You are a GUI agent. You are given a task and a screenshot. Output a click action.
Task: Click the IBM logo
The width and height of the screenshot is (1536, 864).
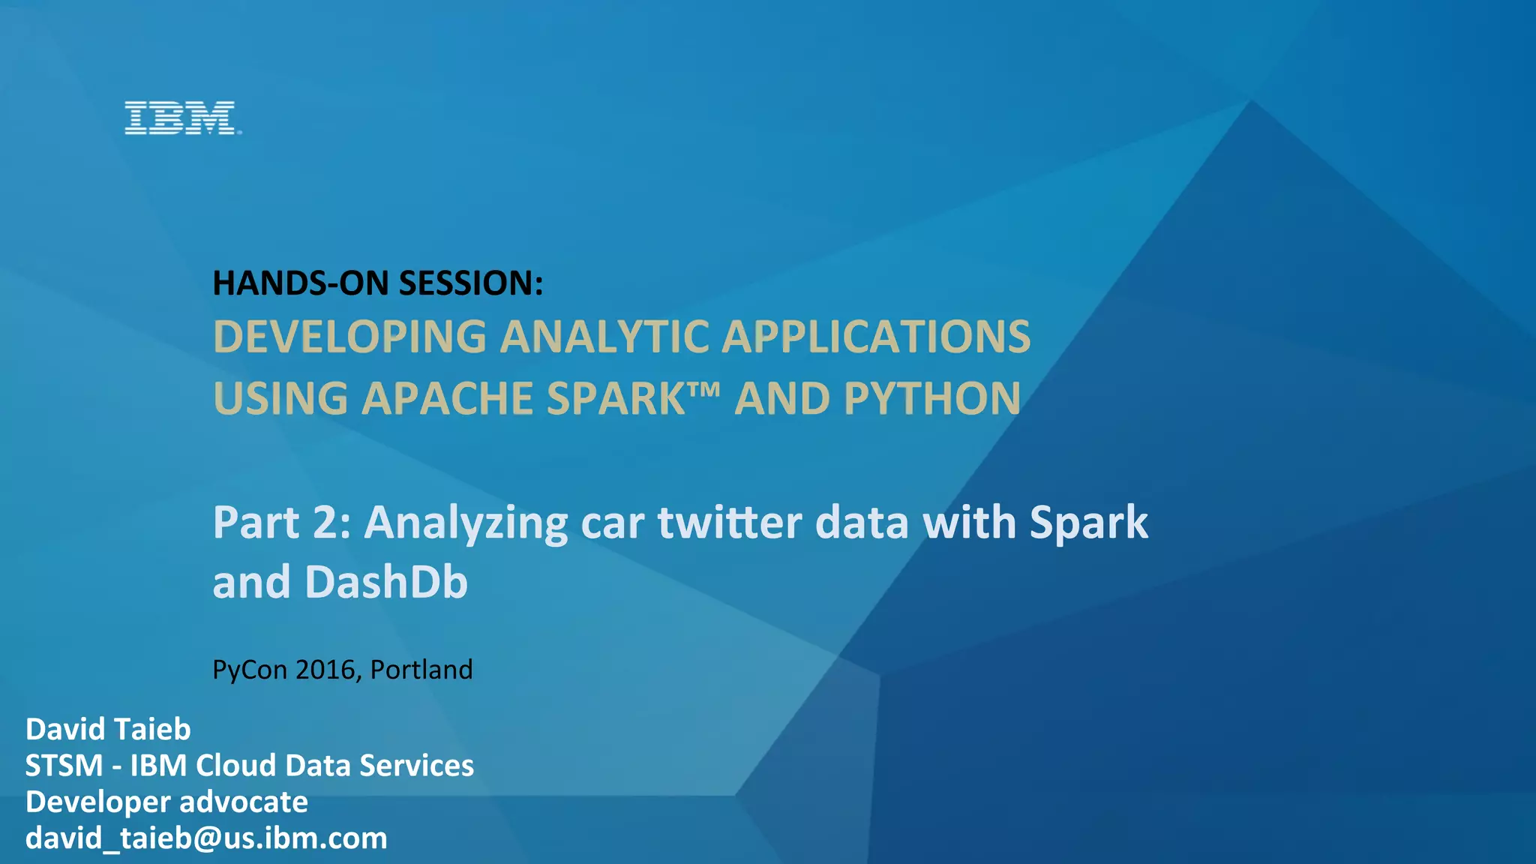181,118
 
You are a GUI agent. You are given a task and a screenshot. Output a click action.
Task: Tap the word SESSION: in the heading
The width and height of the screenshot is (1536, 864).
470,283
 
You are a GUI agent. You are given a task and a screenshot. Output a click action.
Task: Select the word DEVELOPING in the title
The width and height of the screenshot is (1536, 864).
349,337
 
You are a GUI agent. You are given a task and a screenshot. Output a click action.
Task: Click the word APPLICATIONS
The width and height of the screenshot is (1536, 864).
876,337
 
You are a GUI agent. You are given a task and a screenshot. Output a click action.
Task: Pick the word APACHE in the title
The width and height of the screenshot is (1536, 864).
447,398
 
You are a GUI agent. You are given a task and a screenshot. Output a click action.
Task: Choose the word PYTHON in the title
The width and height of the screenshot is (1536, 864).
932,398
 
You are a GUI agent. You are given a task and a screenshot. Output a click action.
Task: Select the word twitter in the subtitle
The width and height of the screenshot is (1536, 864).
730,523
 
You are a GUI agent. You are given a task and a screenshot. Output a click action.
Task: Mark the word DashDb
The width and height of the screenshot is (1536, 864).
386,582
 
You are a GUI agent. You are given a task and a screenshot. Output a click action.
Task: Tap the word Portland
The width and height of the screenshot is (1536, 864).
421,670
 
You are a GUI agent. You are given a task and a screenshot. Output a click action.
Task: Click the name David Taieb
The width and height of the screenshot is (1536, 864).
108,729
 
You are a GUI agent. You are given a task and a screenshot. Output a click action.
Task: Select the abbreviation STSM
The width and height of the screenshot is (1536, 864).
64,766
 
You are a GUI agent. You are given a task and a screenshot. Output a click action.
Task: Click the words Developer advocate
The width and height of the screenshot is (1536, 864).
166,802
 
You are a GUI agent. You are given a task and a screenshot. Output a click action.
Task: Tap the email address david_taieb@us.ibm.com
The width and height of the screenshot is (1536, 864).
206,838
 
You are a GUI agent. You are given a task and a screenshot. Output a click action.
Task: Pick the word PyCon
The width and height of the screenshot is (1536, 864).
250,670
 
